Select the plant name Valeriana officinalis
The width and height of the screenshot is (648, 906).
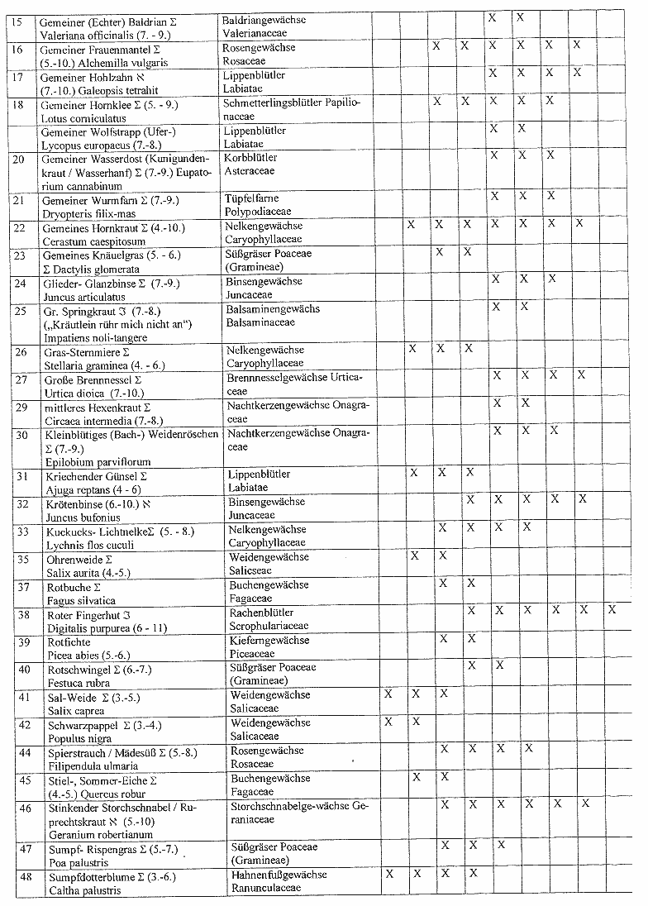(x=79, y=34)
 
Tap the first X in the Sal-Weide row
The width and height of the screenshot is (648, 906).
(x=388, y=694)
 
